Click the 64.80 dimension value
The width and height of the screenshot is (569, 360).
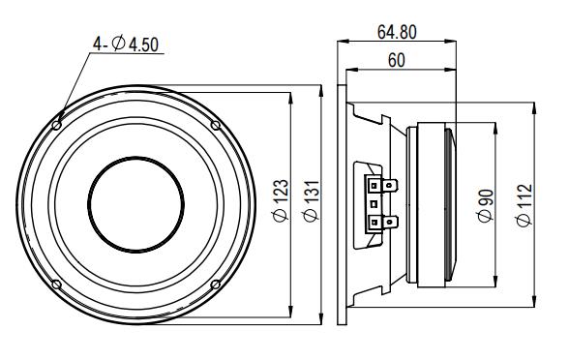[397, 32]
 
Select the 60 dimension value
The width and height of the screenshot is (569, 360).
[397, 60]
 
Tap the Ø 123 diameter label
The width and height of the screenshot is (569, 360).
[281, 200]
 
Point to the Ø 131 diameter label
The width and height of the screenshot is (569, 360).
[312, 200]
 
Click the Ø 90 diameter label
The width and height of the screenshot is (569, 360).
[486, 205]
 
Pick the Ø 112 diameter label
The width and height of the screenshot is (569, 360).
[524, 205]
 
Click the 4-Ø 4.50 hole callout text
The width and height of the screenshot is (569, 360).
[126, 45]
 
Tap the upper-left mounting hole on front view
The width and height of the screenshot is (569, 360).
[56, 126]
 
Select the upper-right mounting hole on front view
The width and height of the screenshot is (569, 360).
[216, 125]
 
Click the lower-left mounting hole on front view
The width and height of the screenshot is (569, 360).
[56, 285]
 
